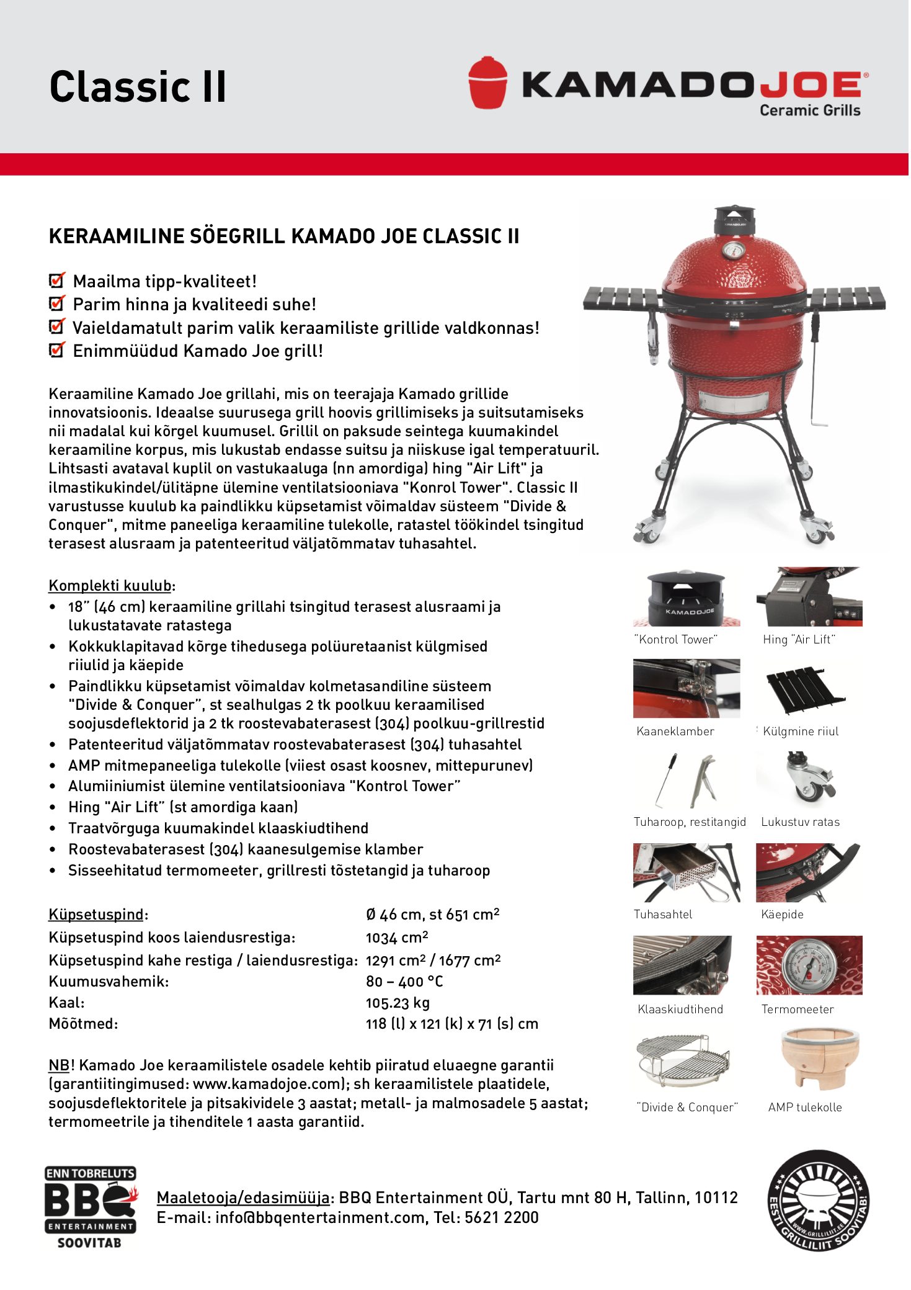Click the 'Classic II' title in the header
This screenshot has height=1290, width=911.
pos(138,86)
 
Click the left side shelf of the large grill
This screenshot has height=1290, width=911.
pos(623,298)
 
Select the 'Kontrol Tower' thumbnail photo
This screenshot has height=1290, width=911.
pos(686,598)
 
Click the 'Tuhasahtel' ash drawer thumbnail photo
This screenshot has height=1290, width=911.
pos(686,872)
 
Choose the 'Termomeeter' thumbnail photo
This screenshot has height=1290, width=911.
pos(809,965)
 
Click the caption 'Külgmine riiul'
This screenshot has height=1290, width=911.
pos(800,732)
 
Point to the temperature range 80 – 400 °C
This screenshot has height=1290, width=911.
pos(404,982)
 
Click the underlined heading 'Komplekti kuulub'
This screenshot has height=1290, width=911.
pos(110,586)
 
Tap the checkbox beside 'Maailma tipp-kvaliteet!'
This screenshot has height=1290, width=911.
pos(57,280)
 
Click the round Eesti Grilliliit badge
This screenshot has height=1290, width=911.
pos(818,1201)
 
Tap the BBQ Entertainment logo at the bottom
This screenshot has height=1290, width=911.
pos(90,1207)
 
